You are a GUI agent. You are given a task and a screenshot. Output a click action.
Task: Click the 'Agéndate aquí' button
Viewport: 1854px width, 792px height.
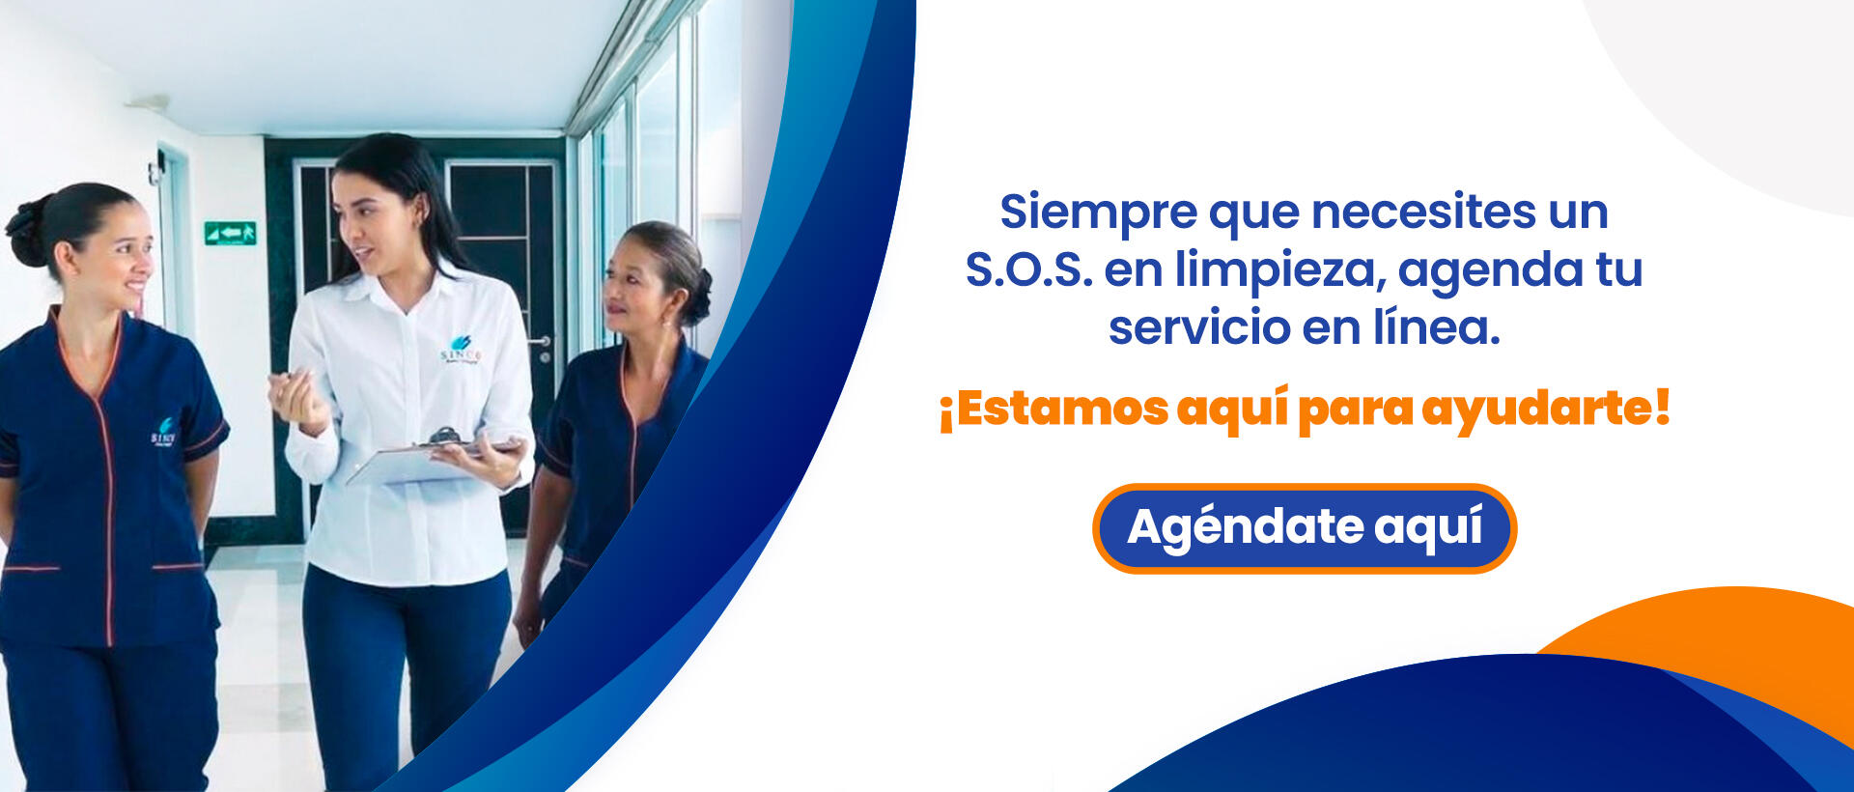pos(1305,528)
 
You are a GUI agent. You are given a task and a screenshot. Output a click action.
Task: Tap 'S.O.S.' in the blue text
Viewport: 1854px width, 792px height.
pos(1028,269)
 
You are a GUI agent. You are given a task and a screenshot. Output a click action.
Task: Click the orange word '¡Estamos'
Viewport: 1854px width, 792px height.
pos(1053,409)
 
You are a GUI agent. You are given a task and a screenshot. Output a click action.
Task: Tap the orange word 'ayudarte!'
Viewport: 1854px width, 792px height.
pos(1546,409)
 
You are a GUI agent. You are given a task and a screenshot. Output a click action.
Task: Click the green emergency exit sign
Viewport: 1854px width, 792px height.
pos(230,233)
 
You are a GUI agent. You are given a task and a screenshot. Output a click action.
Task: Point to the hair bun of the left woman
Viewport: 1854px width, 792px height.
pos(26,232)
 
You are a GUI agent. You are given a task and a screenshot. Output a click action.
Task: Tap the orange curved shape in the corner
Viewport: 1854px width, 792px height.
pos(1728,637)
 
